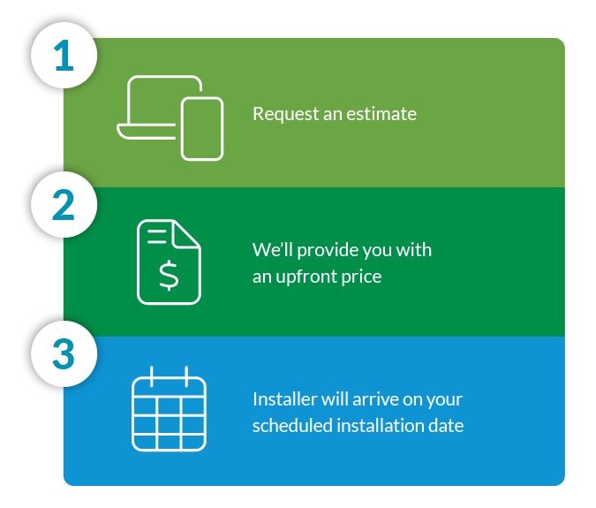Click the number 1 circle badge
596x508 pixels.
64,56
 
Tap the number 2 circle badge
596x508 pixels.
64,205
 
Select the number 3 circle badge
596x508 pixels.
64,354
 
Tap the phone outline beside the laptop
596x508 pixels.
202,128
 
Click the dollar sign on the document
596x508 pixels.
169,276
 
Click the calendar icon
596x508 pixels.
169,409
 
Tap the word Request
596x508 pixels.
286,115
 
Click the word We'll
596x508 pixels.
272,250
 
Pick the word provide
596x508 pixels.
328,251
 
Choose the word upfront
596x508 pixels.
306,277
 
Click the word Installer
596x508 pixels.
285,399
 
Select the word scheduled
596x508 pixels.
292,426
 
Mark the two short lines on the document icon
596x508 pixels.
156,236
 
